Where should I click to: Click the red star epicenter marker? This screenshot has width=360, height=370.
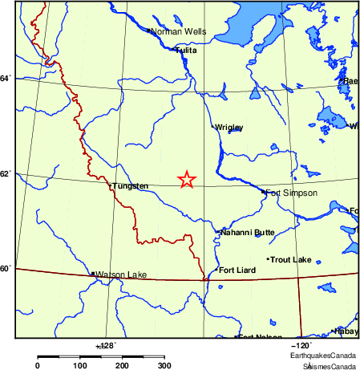click(x=186, y=180)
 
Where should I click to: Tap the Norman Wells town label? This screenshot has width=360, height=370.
click(x=178, y=32)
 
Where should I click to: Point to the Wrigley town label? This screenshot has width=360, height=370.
click(x=229, y=128)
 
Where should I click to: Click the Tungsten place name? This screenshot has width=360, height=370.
click(x=131, y=186)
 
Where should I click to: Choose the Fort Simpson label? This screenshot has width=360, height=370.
click(x=291, y=193)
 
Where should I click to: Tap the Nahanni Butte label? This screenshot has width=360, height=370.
click(x=248, y=233)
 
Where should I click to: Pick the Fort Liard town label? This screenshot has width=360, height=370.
click(x=237, y=270)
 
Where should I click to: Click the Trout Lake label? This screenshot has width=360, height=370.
click(x=290, y=260)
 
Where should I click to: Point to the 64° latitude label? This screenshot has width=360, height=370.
click(x=6, y=78)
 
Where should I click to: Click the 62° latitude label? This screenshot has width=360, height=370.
click(x=6, y=173)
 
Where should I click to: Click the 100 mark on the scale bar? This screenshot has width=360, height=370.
click(x=80, y=365)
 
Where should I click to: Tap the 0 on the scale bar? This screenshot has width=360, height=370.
click(x=38, y=365)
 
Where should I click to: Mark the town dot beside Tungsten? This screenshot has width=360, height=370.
click(x=110, y=186)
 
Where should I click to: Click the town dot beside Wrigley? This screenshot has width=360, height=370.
click(x=212, y=127)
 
